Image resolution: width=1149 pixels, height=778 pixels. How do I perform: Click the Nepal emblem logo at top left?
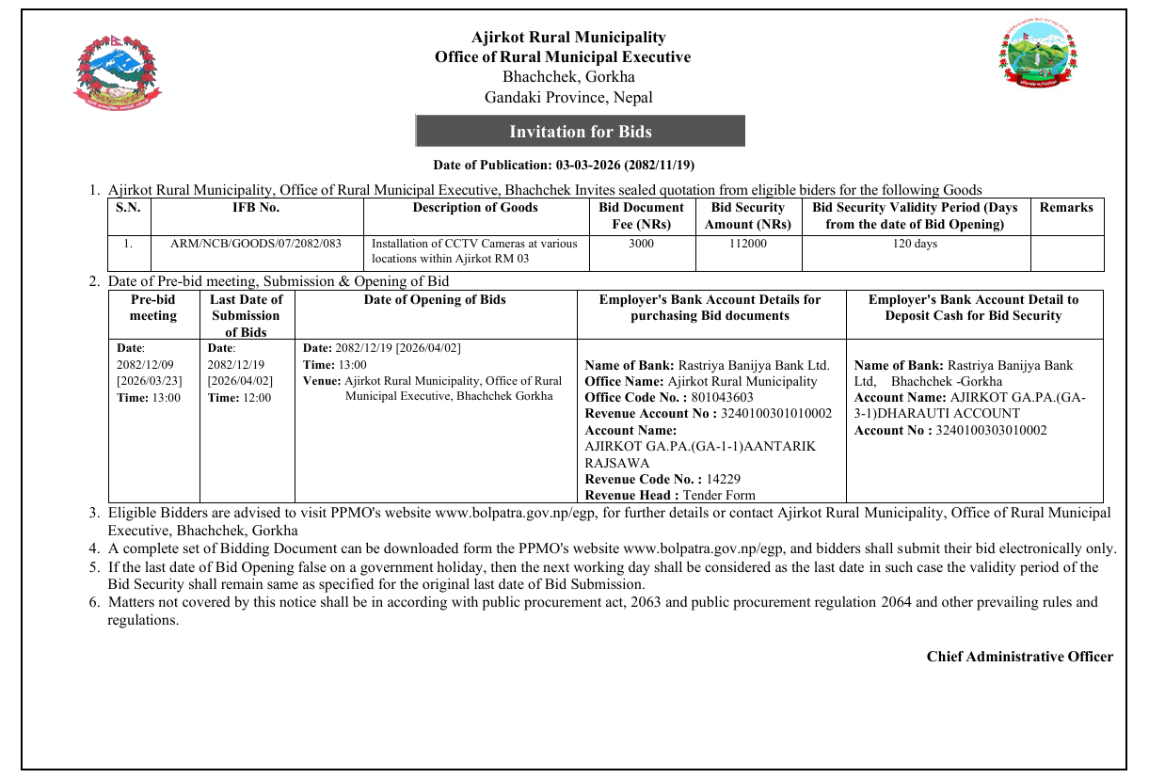click(x=117, y=73)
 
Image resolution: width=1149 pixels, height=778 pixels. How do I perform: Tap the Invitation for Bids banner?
click(x=580, y=132)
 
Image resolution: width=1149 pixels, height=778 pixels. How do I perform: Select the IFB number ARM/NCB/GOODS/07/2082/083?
click(x=256, y=244)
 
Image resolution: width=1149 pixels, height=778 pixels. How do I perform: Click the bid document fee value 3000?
click(x=641, y=244)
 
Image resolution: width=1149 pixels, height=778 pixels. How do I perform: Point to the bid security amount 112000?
click(x=748, y=244)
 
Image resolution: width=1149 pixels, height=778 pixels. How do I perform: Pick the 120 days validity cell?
click(x=915, y=244)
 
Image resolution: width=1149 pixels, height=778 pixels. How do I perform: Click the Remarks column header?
click(x=1066, y=207)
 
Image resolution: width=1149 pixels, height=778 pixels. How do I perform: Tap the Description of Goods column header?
click(x=475, y=207)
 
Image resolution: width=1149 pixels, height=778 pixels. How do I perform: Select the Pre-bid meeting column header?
click(x=153, y=308)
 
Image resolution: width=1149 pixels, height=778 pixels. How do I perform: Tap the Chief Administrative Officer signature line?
click(x=1019, y=657)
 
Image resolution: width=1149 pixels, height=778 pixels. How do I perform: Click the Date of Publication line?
click(x=564, y=166)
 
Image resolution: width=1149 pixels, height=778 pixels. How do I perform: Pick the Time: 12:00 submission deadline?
click(x=239, y=398)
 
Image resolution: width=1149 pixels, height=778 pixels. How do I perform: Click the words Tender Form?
click(x=719, y=495)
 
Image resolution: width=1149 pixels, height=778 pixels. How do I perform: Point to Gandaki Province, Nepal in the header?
click(x=568, y=97)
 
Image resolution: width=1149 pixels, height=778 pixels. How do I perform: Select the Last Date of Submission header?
click(x=246, y=315)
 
